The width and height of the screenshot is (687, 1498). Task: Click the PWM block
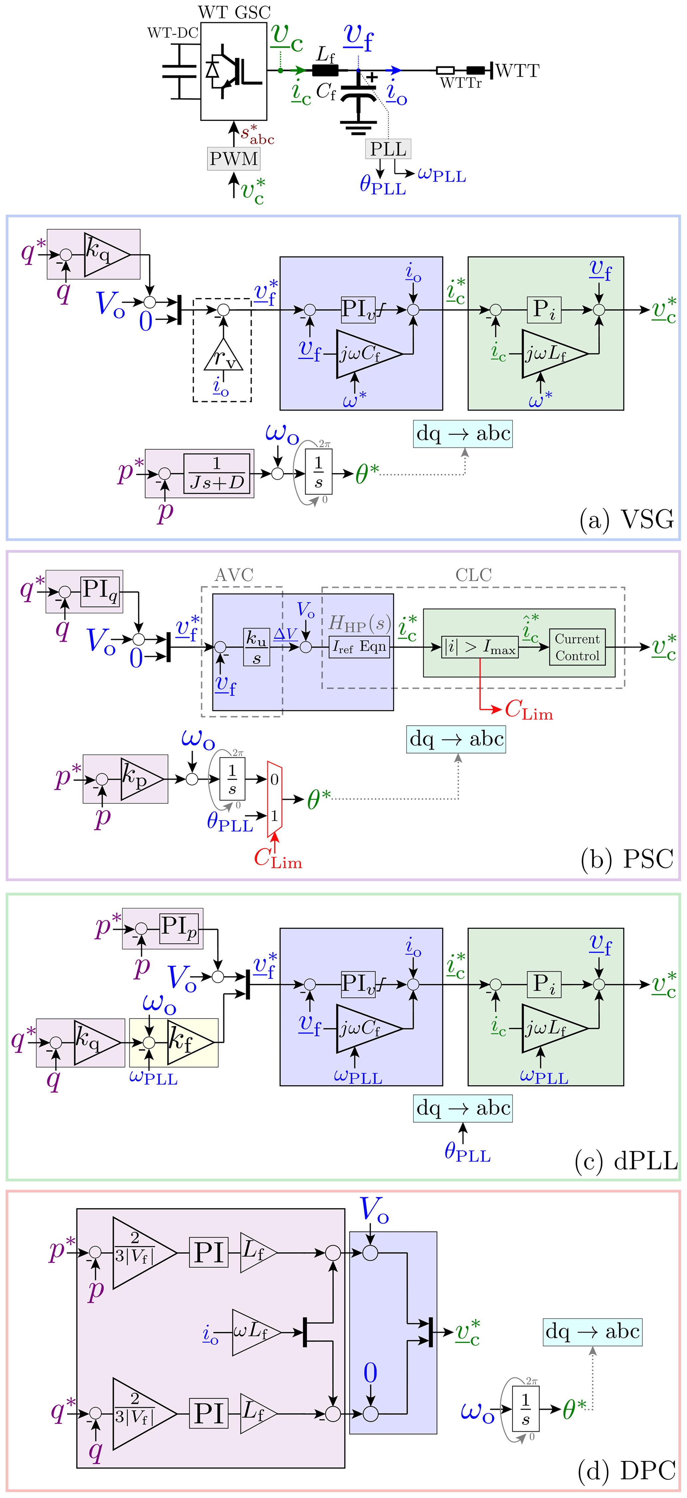[x=233, y=158]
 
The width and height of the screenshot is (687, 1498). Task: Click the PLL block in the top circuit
[x=388, y=149]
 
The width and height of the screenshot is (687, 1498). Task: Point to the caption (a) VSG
[x=627, y=519]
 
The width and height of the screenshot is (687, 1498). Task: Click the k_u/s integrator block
[x=257, y=647]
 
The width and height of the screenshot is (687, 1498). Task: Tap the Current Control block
[x=577, y=647]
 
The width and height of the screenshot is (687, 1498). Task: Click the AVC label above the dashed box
[x=234, y=575]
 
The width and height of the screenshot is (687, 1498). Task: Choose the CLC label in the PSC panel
[x=474, y=575]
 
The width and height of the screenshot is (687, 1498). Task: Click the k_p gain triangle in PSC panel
[x=140, y=779]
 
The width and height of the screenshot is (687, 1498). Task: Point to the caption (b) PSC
[x=627, y=859]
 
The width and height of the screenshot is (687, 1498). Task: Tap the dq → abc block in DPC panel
[x=593, y=1331]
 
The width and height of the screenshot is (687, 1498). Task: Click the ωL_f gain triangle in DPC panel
[x=254, y=1332]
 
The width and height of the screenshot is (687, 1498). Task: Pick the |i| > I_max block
[x=479, y=647]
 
